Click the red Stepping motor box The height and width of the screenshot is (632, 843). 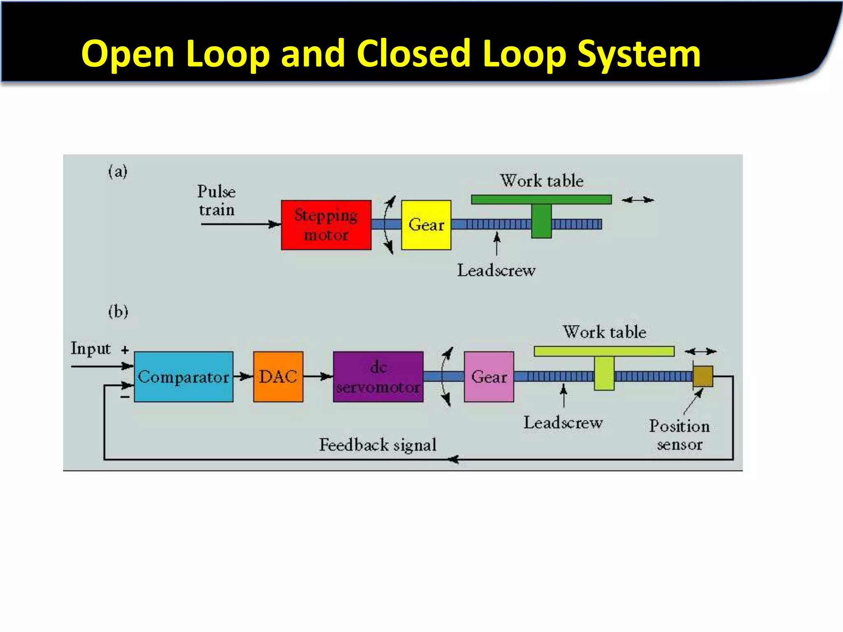(326, 225)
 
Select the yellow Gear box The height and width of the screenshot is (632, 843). (426, 225)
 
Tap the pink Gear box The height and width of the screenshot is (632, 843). (489, 376)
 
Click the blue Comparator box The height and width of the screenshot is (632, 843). (184, 376)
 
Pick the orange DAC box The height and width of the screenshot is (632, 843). (278, 376)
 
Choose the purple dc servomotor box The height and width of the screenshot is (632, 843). (378, 376)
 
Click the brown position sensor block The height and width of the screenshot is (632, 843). (703, 376)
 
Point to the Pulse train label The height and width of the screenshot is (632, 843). (217, 200)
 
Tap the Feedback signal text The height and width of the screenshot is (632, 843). (377, 445)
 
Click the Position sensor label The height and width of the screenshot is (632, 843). (680, 435)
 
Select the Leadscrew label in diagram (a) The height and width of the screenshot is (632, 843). (496, 270)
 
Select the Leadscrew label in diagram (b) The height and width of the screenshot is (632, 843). (563, 423)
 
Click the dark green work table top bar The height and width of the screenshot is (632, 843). (541, 200)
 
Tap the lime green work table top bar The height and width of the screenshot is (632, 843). (604, 351)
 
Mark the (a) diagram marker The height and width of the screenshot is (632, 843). (118, 171)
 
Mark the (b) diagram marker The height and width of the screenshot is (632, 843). (118, 311)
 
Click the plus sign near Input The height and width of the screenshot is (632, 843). (125, 350)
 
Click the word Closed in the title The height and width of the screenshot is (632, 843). (413, 53)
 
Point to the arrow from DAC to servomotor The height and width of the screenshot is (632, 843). (318, 376)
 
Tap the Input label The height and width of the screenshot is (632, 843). (91, 349)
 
